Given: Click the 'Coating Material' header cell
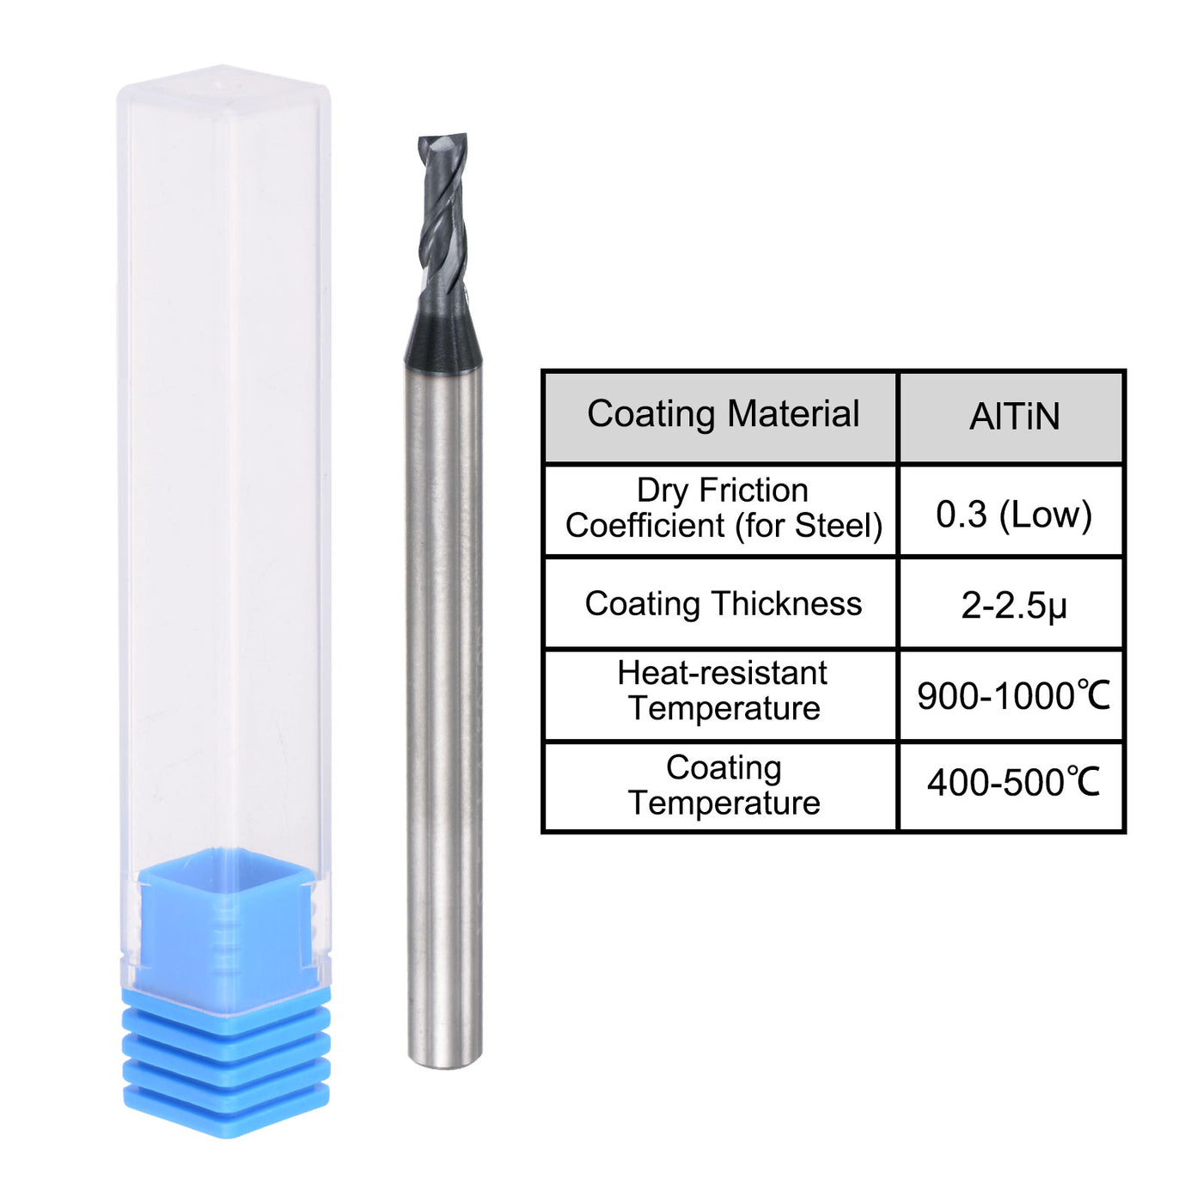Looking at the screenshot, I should click(x=723, y=415).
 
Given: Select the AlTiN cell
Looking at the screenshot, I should click(x=1013, y=417).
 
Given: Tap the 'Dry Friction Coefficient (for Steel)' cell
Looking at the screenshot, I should click(x=723, y=509).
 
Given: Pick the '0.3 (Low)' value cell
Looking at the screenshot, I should click(x=1013, y=514).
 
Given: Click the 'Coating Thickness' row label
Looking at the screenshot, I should click(x=723, y=604).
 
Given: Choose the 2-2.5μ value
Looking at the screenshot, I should click(x=1013, y=606).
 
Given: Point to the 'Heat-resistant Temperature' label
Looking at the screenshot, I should click(x=723, y=691).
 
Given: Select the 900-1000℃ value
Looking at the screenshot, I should click(x=1013, y=696).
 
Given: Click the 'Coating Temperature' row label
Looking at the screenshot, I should click(x=723, y=785).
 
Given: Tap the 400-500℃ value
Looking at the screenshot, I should click(x=1013, y=783).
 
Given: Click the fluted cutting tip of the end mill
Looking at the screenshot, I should click(x=443, y=215).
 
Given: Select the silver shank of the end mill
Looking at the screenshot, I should click(x=443, y=687).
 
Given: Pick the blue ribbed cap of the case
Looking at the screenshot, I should click(x=226, y=1061).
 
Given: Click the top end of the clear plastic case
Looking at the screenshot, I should click(x=223, y=86).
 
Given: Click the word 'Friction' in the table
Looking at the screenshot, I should click(x=753, y=491).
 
